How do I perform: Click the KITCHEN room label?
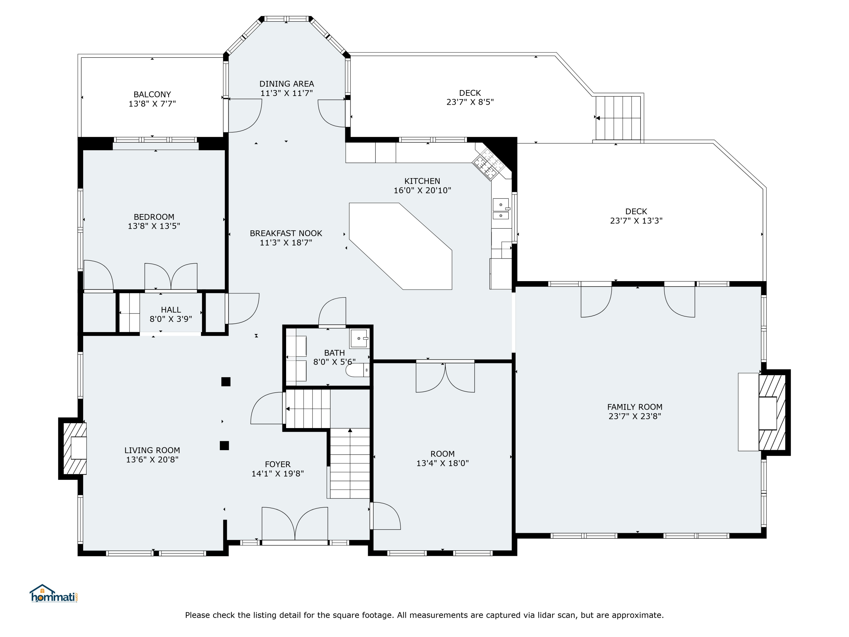pos(422,181)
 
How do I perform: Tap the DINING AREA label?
pos(287,84)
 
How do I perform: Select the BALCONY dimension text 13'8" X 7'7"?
pos(152,104)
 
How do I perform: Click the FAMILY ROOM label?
pos(635,407)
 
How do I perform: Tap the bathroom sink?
pos(359,339)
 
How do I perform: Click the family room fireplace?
pos(773,412)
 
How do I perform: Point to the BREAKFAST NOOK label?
pos(286,234)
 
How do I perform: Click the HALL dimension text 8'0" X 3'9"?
pos(171,319)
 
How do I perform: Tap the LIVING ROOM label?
pos(152,450)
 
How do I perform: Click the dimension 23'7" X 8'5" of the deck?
pos(470,102)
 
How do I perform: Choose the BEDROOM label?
pos(154,217)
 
